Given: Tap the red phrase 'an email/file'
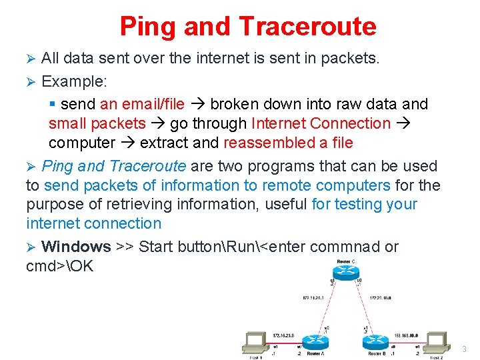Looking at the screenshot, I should pos(142,104).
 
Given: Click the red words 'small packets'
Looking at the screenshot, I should pos(97,123).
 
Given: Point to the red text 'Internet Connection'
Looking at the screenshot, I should pos(321,123).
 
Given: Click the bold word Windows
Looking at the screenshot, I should pos(76,247).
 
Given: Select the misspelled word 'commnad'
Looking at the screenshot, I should pos(349,247).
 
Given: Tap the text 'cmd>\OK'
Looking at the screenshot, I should pos(60,266).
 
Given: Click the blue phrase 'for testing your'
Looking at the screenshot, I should pos(364,204).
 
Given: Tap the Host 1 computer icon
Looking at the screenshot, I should pos(255,342).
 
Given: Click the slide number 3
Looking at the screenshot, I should pos(464,348).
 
